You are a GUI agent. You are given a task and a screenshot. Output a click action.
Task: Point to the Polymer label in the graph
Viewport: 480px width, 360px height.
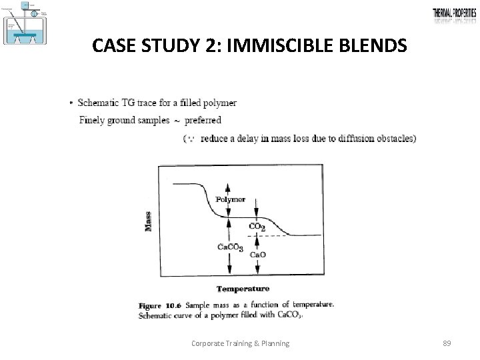pyautogui.click(x=231, y=199)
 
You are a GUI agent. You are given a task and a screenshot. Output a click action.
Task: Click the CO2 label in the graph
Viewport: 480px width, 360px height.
pyautogui.click(x=257, y=227)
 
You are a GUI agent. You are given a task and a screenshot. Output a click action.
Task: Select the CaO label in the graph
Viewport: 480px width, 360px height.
pyautogui.click(x=258, y=254)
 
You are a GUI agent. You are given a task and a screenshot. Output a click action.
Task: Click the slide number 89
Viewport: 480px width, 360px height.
pyautogui.click(x=447, y=343)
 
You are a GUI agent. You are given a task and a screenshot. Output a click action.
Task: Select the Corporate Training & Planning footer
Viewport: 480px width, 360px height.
pyautogui.click(x=240, y=343)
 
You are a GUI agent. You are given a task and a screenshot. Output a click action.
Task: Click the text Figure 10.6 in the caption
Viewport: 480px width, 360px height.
pyautogui.click(x=161, y=305)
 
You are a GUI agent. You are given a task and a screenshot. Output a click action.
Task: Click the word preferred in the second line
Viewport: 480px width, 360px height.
pyautogui.click(x=203, y=121)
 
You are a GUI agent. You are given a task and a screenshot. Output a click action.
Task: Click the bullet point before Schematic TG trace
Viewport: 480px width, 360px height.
pyautogui.click(x=71, y=103)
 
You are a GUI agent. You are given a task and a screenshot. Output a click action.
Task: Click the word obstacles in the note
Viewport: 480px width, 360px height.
pyautogui.click(x=392, y=139)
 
